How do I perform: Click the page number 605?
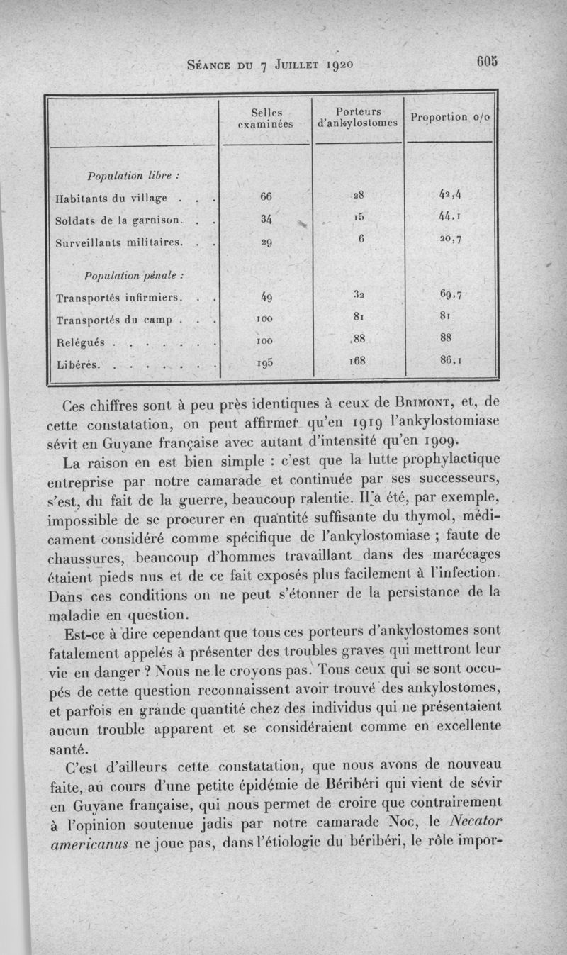pyautogui.click(x=488, y=61)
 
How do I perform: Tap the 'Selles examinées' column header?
pyautogui.click(x=266, y=118)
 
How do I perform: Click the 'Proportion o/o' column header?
pyautogui.click(x=451, y=117)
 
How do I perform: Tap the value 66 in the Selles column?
pyautogui.click(x=266, y=196)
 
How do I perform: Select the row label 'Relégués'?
pyautogui.click(x=80, y=342)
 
